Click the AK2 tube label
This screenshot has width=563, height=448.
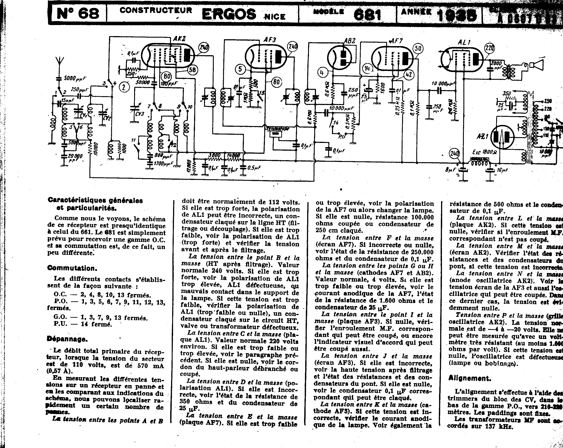click(x=179, y=39)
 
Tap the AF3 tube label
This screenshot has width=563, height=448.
click(x=270, y=40)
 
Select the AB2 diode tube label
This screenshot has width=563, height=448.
click(x=349, y=41)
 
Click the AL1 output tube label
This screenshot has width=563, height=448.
click(x=464, y=42)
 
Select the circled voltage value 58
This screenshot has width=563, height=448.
click(x=192, y=70)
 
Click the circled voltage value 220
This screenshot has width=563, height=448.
click(x=490, y=48)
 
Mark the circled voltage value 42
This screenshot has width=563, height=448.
click(x=409, y=75)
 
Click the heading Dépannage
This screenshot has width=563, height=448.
click(x=67, y=339)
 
